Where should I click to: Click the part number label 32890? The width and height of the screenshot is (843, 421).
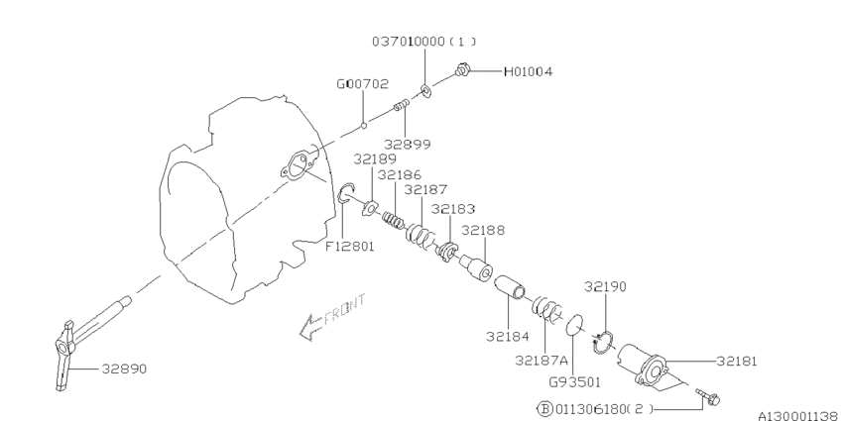(x=124, y=368)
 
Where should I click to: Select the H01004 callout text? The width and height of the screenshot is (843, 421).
(x=528, y=71)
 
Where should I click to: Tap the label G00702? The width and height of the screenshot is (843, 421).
(x=362, y=84)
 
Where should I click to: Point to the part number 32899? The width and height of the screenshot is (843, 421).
(x=407, y=144)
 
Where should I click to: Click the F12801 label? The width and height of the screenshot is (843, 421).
(x=349, y=247)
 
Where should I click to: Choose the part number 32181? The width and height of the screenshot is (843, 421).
(x=737, y=361)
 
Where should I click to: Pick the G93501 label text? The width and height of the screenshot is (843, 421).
(x=573, y=382)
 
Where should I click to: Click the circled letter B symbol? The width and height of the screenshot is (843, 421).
(x=544, y=409)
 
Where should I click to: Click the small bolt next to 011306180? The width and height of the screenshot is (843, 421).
(x=707, y=397)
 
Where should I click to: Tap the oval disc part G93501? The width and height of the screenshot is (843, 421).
(x=574, y=325)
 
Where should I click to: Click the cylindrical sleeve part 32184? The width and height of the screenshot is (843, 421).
(x=510, y=287)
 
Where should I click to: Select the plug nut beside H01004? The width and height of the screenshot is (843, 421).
(x=462, y=69)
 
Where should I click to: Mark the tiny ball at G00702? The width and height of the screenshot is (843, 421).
(x=363, y=126)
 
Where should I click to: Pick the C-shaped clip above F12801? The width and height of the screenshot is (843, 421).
(x=346, y=193)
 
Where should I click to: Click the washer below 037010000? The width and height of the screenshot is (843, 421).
(x=425, y=91)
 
